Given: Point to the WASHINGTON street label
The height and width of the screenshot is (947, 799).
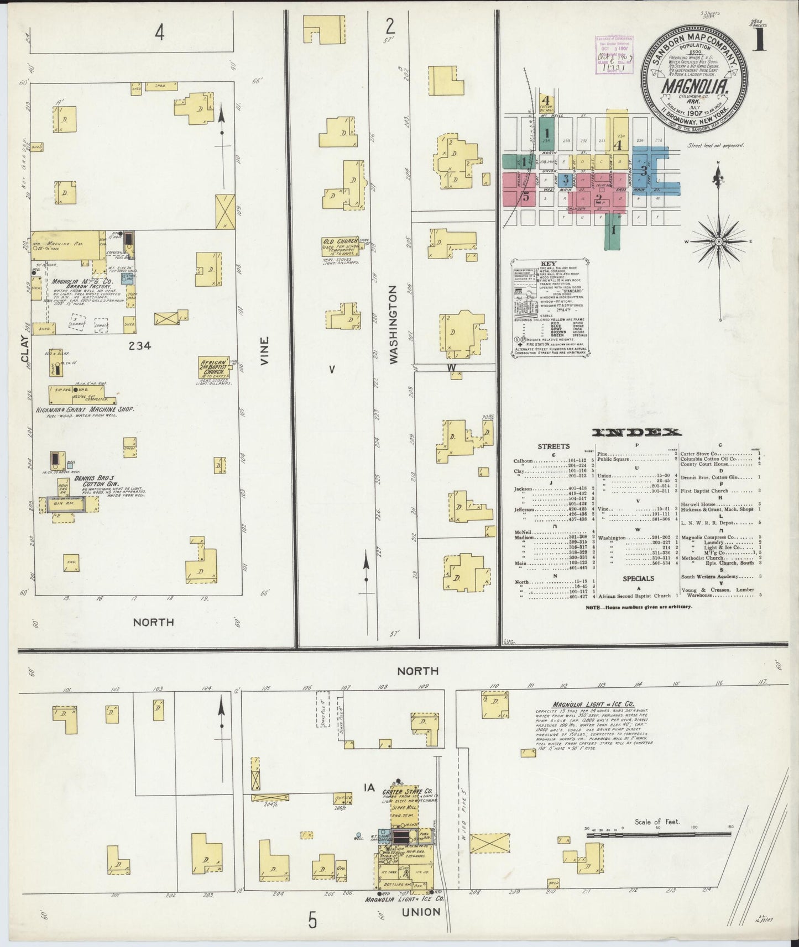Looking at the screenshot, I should [393, 324].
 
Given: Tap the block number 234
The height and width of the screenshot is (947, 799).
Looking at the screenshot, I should [140, 346].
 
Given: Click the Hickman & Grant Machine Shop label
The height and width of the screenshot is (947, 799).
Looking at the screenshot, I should [93, 409].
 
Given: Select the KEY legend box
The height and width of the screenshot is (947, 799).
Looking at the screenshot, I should [549, 306].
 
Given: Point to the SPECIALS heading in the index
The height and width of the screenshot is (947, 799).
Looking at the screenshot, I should [638, 578].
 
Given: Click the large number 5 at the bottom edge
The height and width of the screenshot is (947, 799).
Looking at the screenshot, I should [313, 921].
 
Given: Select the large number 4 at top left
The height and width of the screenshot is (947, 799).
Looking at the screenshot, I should [160, 34].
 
